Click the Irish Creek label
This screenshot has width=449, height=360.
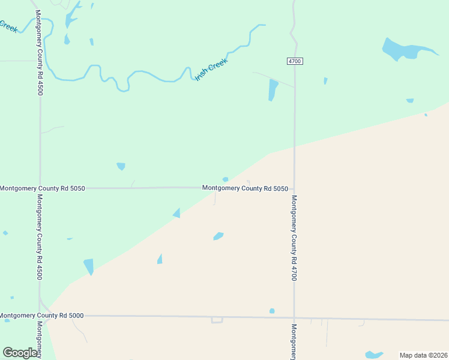click(x=211, y=70)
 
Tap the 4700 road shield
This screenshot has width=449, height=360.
click(x=294, y=61)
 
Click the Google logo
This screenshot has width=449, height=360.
click(x=20, y=352)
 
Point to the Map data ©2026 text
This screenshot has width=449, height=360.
click(x=423, y=355)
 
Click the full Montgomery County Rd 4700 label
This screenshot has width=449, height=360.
click(x=294, y=238)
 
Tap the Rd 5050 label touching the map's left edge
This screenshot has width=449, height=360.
click(x=42, y=188)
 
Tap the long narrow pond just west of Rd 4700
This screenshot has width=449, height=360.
click(x=273, y=90)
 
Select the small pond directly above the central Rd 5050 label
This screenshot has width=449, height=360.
click(x=225, y=179)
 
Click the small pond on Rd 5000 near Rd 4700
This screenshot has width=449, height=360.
click(x=272, y=311)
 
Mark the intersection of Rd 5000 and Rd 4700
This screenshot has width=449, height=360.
click(x=294, y=317)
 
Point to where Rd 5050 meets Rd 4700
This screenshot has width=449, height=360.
click(x=294, y=188)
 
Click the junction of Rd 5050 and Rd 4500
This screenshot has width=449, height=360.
click(x=40, y=188)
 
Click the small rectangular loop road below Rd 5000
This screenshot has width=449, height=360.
click(x=217, y=320)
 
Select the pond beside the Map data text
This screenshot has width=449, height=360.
click(x=374, y=355)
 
